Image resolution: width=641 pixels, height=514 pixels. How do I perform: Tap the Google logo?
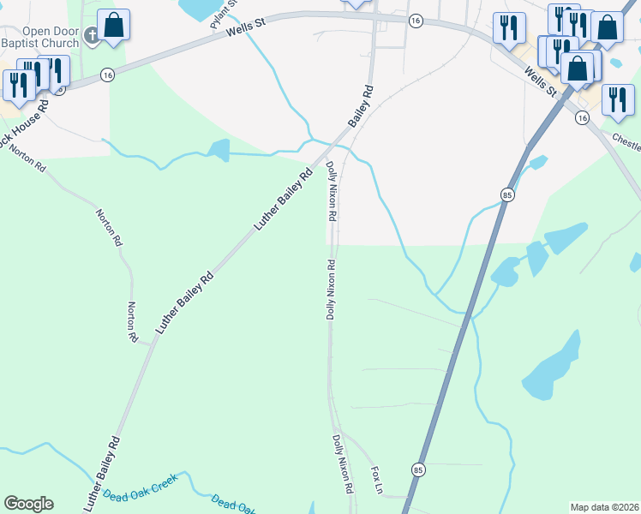[28, 504]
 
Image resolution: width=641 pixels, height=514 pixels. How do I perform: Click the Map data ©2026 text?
[604, 507]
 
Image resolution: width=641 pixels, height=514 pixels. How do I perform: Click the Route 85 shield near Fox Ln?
[417, 469]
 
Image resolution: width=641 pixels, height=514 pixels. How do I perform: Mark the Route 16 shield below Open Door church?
[107, 75]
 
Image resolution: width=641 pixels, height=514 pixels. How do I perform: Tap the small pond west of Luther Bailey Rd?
[219, 151]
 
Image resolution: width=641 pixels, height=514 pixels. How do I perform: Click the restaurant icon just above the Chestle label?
[617, 99]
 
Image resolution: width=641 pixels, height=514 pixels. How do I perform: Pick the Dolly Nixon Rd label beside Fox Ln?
[343, 463]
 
